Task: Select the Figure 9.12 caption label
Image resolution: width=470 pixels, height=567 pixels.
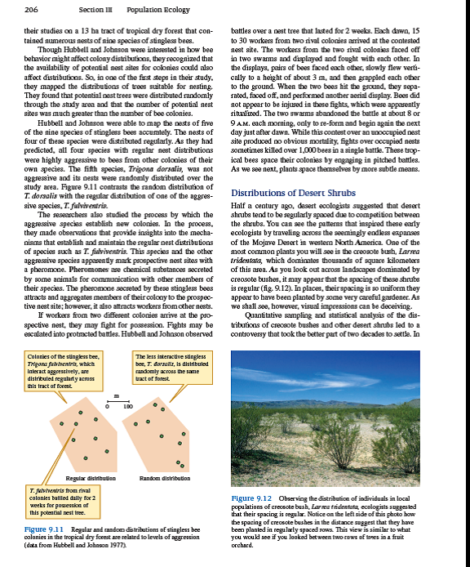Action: pyautogui.click(x=252, y=498)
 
